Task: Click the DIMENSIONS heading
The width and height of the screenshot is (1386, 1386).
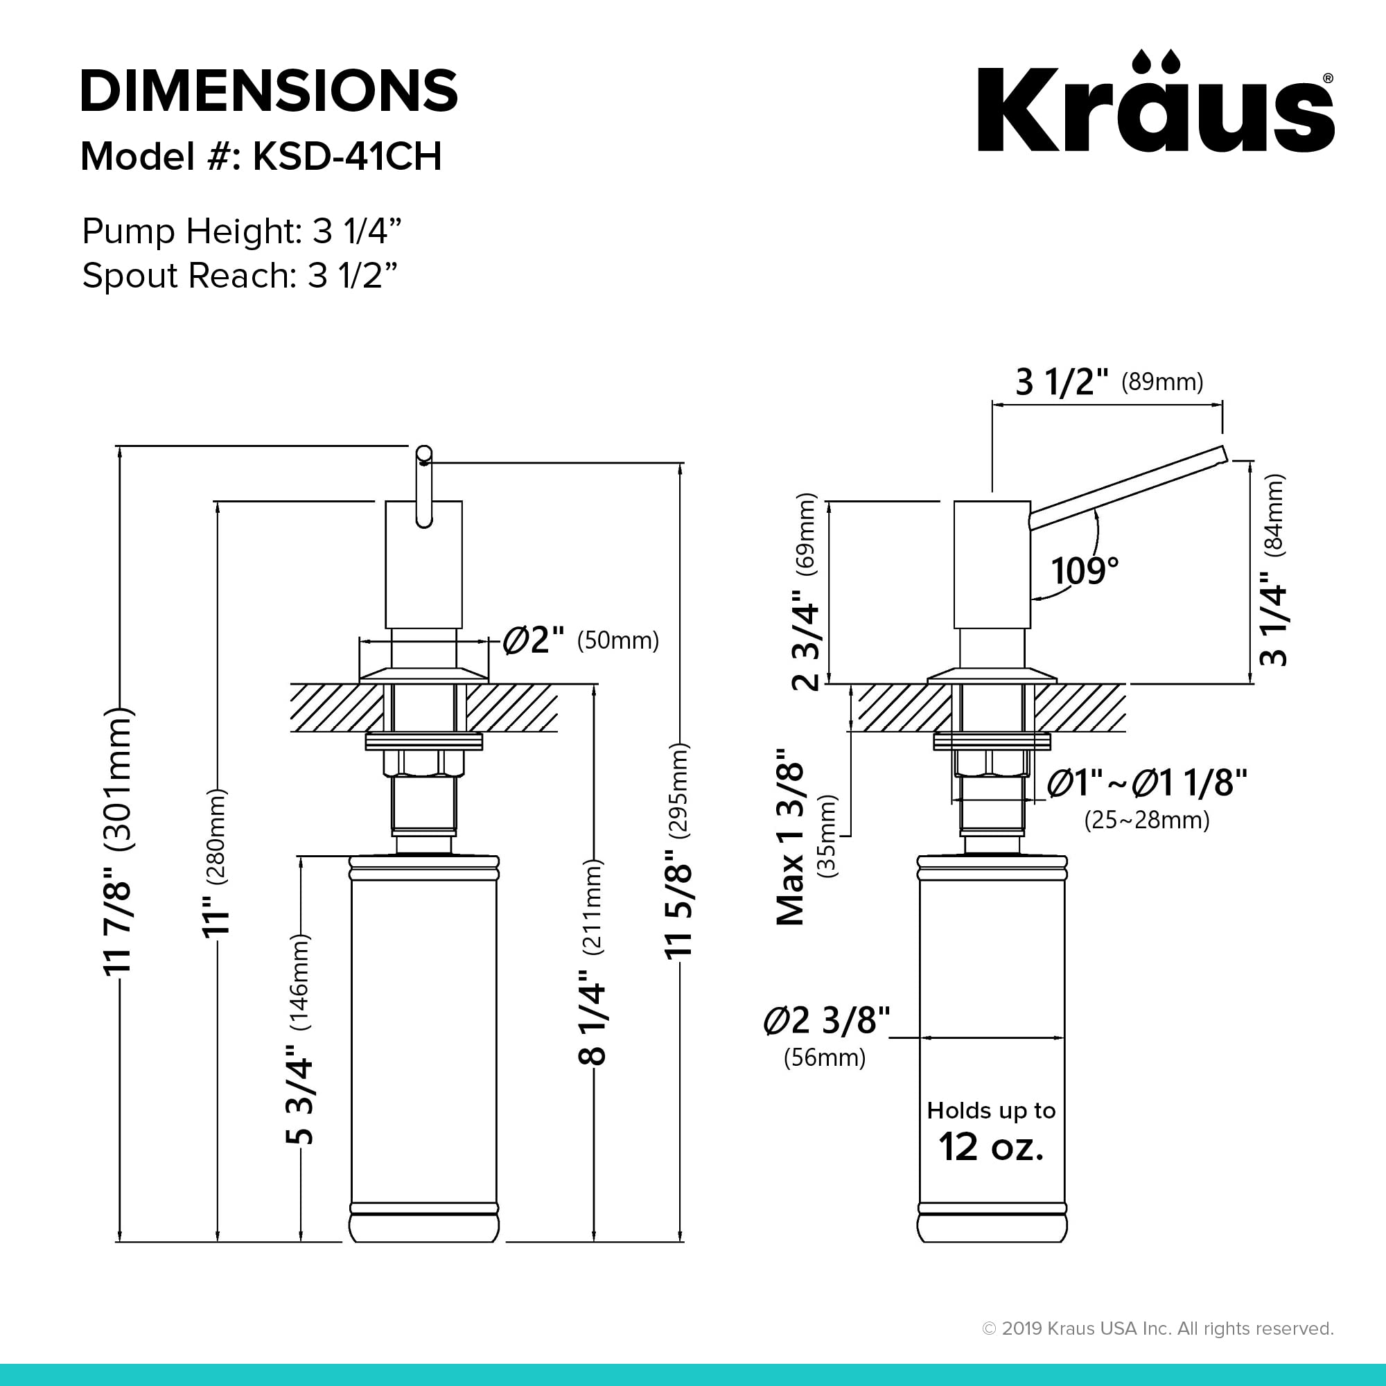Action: (269, 91)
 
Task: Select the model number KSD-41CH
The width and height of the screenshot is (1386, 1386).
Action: (346, 157)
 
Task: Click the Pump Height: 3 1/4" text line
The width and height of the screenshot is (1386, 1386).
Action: (241, 231)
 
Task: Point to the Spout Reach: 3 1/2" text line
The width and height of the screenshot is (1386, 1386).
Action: (239, 276)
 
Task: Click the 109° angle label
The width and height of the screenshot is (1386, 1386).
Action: (1084, 571)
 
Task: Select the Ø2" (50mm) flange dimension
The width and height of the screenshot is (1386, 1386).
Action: (579, 639)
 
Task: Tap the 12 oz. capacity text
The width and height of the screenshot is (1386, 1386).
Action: (991, 1147)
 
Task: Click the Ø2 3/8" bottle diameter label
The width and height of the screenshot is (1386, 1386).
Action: (827, 1020)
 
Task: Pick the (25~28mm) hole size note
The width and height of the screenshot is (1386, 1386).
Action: (1146, 819)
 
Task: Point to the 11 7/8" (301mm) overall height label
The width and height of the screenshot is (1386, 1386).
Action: (119, 839)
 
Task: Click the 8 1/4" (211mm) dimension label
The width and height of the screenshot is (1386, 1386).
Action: (593, 961)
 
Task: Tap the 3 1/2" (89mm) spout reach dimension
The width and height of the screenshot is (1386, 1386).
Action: (1108, 382)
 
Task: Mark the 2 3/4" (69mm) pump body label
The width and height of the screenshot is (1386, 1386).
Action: (806, 591)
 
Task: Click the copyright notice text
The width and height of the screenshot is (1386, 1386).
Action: (1157, 1328)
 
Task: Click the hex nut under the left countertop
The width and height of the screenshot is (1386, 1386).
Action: (423, 763)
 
